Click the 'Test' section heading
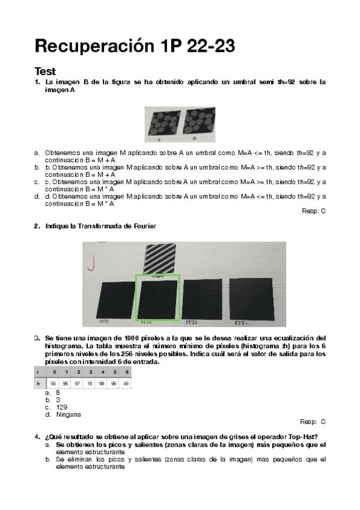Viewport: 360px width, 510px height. tap(45, 71)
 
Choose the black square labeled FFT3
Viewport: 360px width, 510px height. tap(204, 299)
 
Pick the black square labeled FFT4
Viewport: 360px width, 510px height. tap(251, 299)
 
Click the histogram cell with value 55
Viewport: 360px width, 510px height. tap(53, 382)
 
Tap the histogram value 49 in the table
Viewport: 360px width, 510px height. tap(125, 382)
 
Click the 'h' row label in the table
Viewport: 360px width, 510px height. tap(39, 382)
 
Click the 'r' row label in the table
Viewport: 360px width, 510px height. tap(39, 372)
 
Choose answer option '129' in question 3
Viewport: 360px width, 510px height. tap(61, 407)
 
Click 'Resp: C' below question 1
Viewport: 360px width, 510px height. tap(314, 211)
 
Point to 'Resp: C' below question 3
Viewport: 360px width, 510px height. tap(313, 422)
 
